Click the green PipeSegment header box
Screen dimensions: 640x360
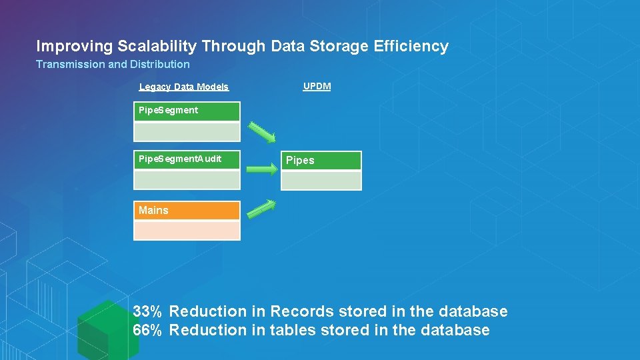pos(187,111)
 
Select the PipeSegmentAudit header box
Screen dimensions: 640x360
pos(187,160)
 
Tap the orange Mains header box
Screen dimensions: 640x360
pos(187,211)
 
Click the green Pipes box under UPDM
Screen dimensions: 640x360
pos(321,161)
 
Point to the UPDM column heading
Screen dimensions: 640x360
pos(317,87)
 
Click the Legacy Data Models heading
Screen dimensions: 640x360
pos(184,87)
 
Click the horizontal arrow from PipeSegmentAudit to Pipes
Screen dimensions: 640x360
pos(261,170)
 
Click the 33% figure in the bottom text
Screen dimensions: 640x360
pos(147,311)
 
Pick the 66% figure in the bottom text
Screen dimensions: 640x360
pos(147,330)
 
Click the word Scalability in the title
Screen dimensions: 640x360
pos(157,47)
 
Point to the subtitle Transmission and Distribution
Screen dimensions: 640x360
pos(113,65)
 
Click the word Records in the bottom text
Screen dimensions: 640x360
pos(302,311)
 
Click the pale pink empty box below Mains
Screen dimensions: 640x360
pos(187,231)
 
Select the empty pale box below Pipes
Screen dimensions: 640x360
pos(321,181)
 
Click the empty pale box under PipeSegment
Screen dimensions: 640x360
pos(187,131)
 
